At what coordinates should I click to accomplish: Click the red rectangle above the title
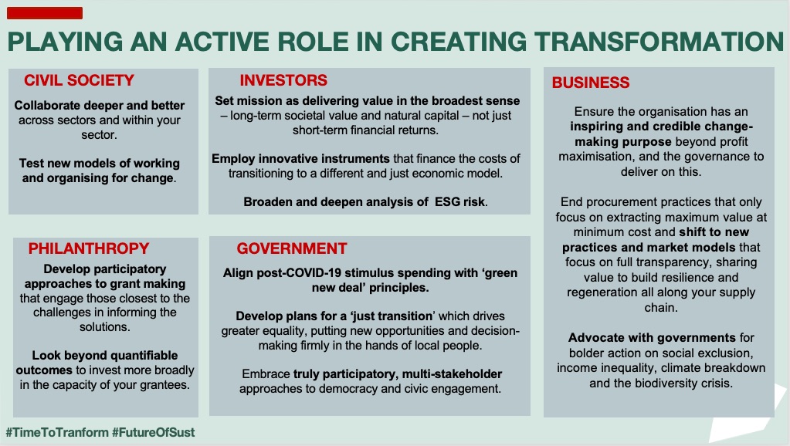click(45, 13)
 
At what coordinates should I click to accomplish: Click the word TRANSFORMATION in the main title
click(659, 41)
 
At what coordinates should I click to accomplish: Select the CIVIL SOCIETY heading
click(79, 80)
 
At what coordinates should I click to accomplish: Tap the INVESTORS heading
click(283, 80)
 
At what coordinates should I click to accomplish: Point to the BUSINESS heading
click(591, 83)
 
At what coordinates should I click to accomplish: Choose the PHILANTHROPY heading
click(89, 248)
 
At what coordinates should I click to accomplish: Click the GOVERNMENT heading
click(292, 248)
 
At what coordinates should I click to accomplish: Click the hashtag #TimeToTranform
click(57, 432)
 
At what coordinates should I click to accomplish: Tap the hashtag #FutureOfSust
click(153, 432)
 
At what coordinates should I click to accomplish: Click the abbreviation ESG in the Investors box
click(447, 202)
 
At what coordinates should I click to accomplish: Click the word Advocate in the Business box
click(594, 337)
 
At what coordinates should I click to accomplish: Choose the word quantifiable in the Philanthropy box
click(144, 356)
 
